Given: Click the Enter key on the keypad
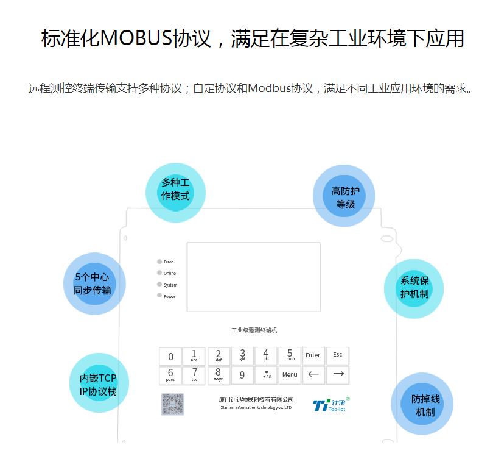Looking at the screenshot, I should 313,356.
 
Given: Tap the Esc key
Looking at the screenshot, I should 338,356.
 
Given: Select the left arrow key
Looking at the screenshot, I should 313,375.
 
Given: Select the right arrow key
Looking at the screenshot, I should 338,375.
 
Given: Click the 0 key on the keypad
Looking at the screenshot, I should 170,357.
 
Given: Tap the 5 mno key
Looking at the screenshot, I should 290,356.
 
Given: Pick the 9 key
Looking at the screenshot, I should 242,376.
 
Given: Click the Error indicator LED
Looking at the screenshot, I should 159,262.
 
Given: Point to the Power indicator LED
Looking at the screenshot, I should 159,296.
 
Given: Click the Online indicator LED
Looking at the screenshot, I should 159,272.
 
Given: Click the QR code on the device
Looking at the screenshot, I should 172,404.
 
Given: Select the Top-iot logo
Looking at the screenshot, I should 331,405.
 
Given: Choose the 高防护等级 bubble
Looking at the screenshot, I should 344,197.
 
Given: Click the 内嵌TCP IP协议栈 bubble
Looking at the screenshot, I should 99,384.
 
